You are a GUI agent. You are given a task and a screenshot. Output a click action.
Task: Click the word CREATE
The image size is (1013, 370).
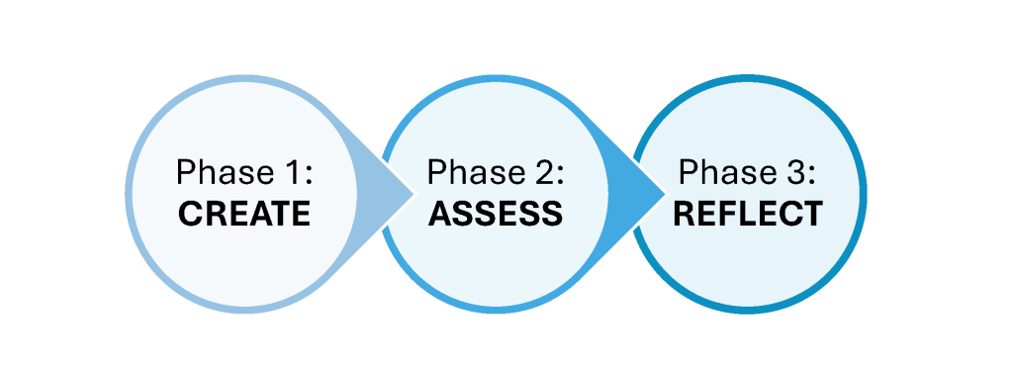244,214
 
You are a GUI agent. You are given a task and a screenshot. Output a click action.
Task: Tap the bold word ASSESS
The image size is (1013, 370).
496,214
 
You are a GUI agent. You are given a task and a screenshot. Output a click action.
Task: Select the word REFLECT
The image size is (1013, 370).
748,214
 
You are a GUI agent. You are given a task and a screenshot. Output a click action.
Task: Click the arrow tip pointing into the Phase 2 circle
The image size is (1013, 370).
414,193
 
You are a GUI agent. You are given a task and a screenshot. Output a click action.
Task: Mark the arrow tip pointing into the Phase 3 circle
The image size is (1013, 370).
666,193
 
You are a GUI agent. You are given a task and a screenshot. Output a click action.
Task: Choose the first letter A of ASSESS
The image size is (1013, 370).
440,214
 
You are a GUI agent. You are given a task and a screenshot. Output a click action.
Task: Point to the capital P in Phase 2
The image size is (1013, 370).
437,173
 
